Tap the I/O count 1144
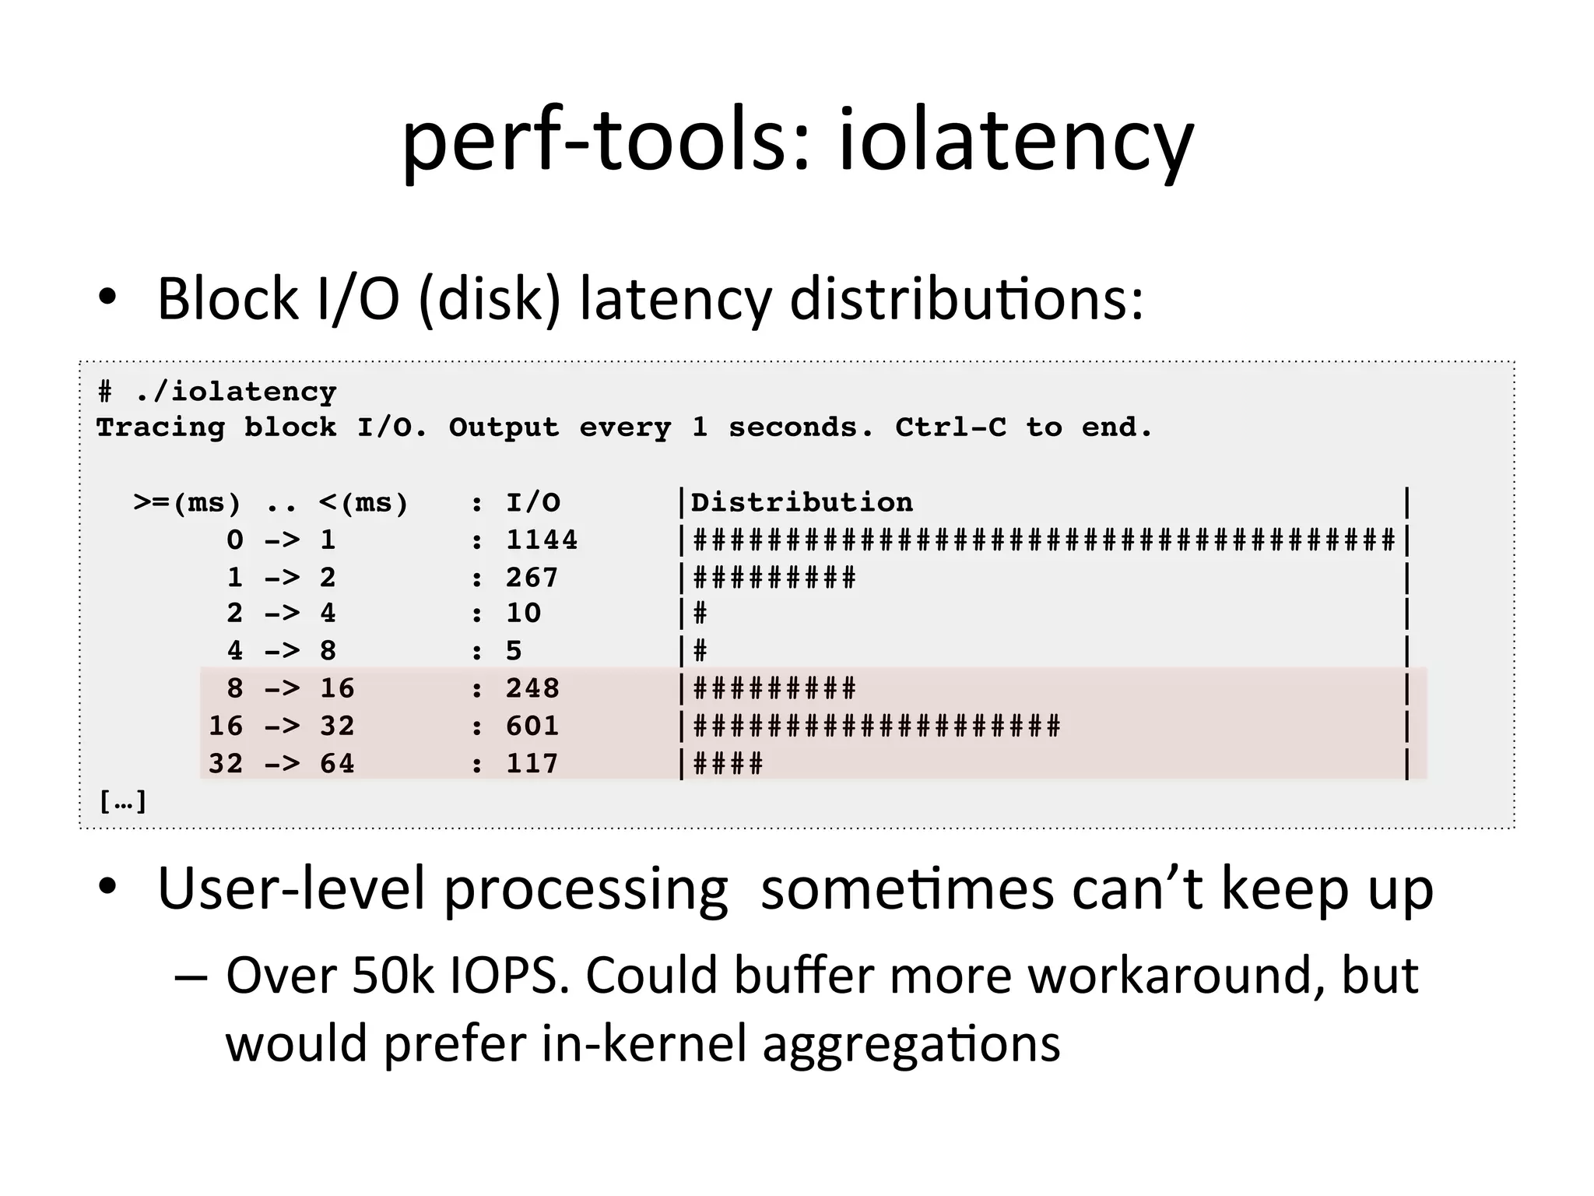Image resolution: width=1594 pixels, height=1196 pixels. coord(542,540)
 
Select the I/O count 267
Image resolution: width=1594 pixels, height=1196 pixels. coord(532,577)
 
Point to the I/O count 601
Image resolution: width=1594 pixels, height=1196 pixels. coord(532,726)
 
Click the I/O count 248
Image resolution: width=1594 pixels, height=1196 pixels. coord(532,688)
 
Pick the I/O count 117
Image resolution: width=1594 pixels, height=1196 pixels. coord(532,763)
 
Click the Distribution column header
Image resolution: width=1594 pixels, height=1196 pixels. coord(802,502)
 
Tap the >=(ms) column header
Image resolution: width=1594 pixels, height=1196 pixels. coord(187,503)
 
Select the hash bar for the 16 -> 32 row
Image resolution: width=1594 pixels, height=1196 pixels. coord(876,726)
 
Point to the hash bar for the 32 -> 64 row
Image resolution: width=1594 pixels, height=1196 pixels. coord(728,763)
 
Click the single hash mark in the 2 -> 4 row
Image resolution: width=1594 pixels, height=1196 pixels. coord(700,614)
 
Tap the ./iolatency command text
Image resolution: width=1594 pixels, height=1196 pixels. coord(235,391)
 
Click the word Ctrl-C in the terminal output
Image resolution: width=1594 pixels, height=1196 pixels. coord(950,427)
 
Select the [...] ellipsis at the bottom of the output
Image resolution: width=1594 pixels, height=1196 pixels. coord(123,800)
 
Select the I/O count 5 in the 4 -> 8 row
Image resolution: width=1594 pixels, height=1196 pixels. coord(514,651)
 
